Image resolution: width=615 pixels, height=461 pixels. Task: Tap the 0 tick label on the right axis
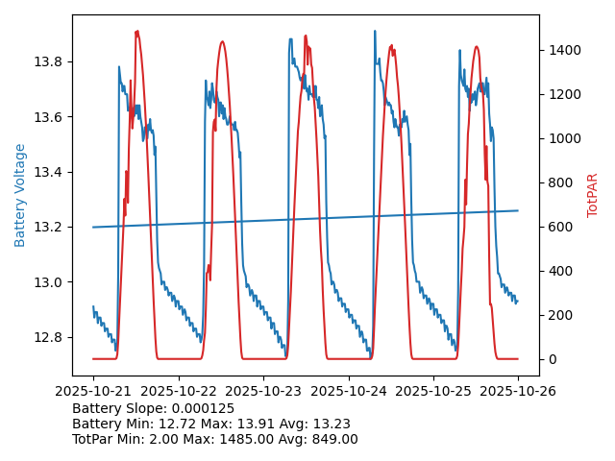point(551,359)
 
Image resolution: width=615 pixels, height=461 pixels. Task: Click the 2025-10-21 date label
point(93,392)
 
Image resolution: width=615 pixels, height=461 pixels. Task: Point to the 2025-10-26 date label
point(518,392)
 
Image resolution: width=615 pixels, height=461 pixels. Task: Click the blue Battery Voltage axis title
point(20,195)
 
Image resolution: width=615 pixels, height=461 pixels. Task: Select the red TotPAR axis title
point(593,195)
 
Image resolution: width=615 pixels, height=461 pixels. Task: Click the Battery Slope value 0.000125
point(201,409)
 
